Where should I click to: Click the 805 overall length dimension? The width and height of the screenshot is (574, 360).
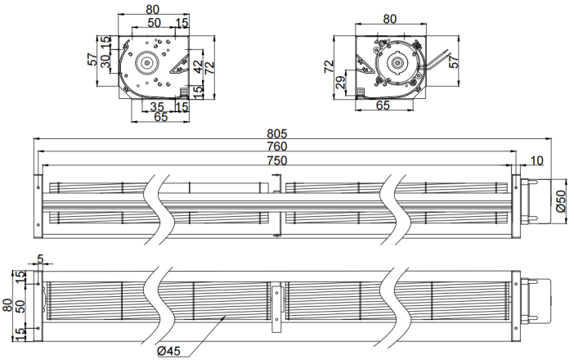277,133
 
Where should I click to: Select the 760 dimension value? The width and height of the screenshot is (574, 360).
277,146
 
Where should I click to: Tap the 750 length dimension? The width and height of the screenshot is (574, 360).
277,160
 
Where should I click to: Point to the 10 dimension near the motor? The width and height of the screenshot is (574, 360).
536,160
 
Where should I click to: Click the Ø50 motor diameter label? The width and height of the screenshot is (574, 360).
561,201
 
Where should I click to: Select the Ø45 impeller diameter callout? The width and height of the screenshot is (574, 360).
169,351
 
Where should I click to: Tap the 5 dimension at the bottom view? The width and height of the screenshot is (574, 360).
40,259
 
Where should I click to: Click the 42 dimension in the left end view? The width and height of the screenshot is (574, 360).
197,66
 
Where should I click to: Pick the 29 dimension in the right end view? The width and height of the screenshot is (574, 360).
341,83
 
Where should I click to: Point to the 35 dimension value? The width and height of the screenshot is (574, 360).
157,106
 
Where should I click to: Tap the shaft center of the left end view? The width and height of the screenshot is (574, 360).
147,63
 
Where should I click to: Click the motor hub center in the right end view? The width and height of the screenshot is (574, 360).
397,63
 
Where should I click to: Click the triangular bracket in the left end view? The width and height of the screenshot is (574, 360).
180,65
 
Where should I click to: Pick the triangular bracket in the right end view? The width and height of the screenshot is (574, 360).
365,65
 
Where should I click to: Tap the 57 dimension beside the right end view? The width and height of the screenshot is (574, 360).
453,61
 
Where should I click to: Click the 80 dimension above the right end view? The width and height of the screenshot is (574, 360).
389,19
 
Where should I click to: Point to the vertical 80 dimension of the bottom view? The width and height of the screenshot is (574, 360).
7,305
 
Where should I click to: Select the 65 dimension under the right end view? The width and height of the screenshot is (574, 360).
383,105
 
